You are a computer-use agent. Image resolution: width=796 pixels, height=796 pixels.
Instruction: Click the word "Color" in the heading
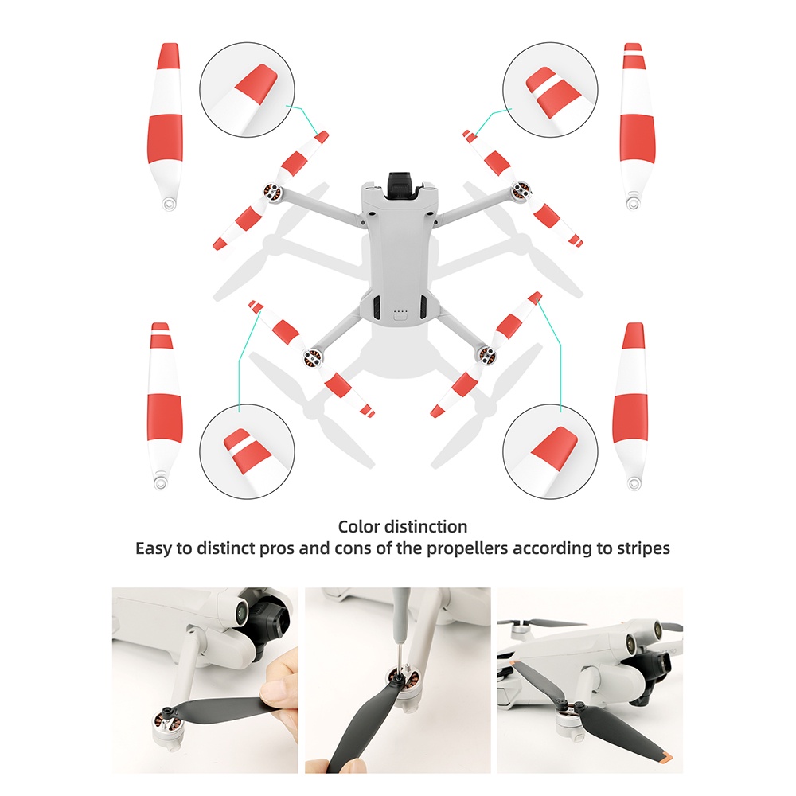359,526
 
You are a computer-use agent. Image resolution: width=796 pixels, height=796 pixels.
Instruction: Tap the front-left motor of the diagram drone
272,193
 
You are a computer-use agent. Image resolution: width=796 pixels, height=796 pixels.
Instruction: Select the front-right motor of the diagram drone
521,191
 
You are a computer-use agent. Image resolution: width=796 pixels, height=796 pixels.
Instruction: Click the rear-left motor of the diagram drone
313,358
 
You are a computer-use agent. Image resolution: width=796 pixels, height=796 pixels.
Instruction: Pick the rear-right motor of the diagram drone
487,354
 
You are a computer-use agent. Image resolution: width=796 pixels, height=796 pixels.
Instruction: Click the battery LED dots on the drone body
400,310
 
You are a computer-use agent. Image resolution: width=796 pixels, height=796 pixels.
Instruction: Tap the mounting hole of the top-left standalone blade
168,203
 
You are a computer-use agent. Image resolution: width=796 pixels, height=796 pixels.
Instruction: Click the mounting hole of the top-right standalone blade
633,203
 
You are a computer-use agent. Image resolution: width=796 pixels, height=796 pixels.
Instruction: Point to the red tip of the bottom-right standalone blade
634,335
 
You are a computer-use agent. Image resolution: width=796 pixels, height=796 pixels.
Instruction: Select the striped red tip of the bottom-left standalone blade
161,335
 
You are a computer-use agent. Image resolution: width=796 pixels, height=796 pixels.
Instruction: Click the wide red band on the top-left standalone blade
165,139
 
